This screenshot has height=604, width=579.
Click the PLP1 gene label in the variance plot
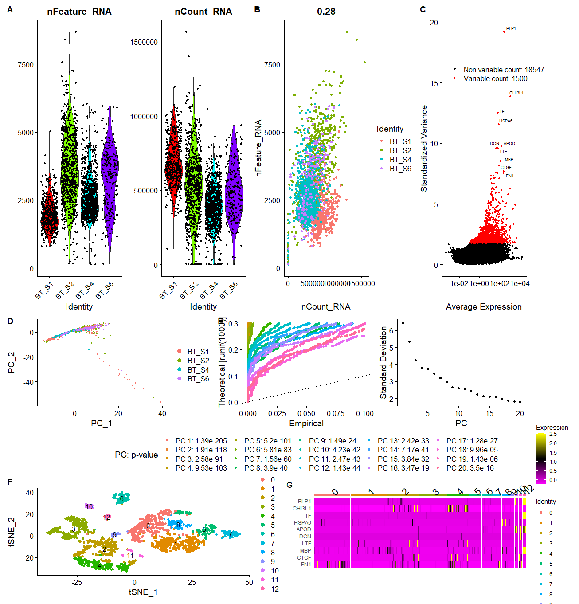[x=511, y=29]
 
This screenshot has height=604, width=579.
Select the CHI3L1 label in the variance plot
[x=516, y=93]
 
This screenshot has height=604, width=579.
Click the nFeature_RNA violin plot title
[x=79, y=12]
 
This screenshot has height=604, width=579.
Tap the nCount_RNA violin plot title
[x=203, y=12]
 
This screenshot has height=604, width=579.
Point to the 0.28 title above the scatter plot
[x=326, y=12]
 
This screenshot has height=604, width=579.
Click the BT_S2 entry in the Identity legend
[x=400, y=151]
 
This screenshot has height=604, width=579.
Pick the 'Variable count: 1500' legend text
[x=495, y=79]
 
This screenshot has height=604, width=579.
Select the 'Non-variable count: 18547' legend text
[x=504, y=70]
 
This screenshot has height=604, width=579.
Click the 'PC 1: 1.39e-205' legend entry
[x=201, y=441]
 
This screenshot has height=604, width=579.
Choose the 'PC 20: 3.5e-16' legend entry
[x=470, y=468]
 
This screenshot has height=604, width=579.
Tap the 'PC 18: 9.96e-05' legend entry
[x=472, y=450]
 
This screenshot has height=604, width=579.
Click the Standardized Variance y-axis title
[x=424, y=148]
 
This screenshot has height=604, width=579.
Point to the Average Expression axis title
[x=484, y=307]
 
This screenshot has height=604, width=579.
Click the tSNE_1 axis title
[x=143, y=592]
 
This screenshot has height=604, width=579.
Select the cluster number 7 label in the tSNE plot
[x=231, y=534]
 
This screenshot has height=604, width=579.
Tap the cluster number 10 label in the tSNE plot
[x=89, y=506]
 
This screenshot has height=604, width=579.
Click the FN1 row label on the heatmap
[x=306, y=565]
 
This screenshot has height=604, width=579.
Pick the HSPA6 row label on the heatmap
[x=302, y=522]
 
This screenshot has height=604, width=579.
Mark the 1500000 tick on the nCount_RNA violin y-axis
[x=144, y=42]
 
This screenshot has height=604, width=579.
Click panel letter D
[x=10, y=322]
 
